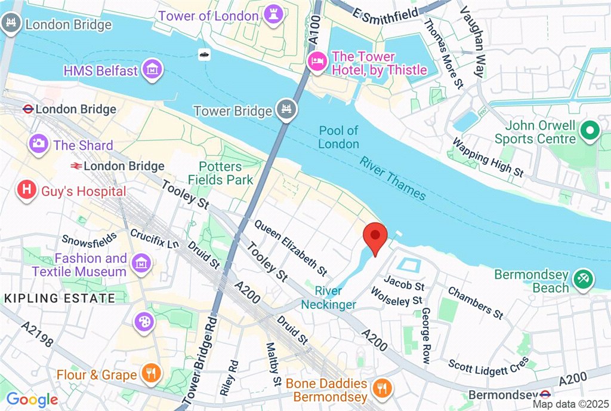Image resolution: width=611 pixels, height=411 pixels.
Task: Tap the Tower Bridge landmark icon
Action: click(286, 110)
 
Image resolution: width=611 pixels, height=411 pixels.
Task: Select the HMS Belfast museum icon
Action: click(153, 69)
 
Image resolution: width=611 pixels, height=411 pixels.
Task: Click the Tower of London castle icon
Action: click(273, 14)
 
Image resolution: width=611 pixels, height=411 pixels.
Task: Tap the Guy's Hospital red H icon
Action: click(26, 191)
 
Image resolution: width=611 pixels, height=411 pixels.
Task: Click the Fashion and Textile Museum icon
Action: click(142, 263)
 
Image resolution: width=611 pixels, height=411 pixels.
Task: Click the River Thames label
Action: click(392, 178)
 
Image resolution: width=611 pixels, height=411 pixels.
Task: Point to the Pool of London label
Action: click(338, 137)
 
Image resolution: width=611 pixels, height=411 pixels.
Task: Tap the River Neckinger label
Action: click(329, 297)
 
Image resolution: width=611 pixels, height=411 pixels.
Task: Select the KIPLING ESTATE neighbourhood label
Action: click(60, 297)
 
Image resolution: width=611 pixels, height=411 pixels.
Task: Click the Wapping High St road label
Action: click(487, 158)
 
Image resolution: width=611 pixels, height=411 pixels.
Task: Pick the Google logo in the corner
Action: click(32, 400)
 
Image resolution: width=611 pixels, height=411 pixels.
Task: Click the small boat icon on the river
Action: click(204, 55)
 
